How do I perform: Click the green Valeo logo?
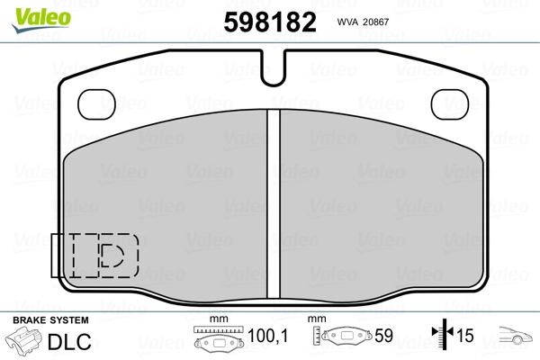coord(41,20)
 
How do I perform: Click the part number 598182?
coord(270,22)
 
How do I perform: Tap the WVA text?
coord(347,22)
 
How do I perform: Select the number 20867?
coord(375,22)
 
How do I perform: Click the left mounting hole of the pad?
coord(97,104)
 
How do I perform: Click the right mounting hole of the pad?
coord(450,104)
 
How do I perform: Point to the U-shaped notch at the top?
coord(274,68)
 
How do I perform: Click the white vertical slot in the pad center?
coord(274,204)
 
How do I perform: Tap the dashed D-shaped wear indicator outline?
coord(112,256)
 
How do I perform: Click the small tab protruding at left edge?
coord(55,256)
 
